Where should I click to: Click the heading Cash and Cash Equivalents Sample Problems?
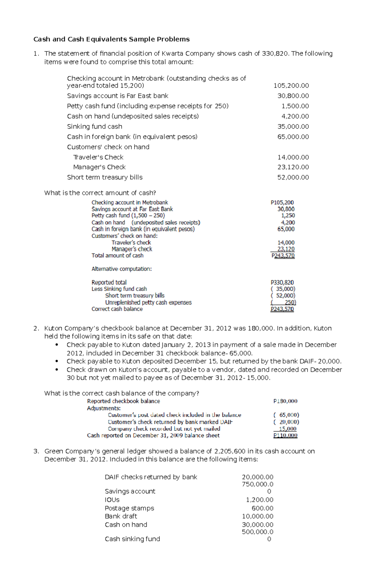[x=112, y=39]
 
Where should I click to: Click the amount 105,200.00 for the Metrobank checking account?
[x=291, y=86]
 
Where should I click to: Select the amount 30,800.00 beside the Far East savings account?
[x=293, y=96]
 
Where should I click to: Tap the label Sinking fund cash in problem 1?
[x=94, y=127]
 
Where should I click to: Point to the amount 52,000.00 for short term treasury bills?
[x=293, y=177]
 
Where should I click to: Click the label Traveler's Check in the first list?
[x=98, y=157]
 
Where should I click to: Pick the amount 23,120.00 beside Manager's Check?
[x=293, y=167]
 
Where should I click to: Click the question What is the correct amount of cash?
[x=100, y=193]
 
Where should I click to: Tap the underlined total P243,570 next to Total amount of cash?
[x=283, y=256]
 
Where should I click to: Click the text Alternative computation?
[x=122, y=269]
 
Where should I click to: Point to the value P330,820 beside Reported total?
[x=282, y=282]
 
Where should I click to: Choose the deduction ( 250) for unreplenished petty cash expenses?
[x=283, y=302]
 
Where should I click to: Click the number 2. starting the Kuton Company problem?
[x=36, y=328]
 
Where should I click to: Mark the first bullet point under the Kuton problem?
[x=57, y=345]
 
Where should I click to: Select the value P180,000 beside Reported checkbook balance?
[x=285, y=401]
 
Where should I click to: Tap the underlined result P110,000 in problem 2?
[x=285, y=435]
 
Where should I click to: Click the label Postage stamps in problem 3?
[x=129, y=508]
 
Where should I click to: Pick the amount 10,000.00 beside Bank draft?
[x=257, y=516]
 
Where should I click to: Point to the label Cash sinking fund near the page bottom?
[x=132, y=539]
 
